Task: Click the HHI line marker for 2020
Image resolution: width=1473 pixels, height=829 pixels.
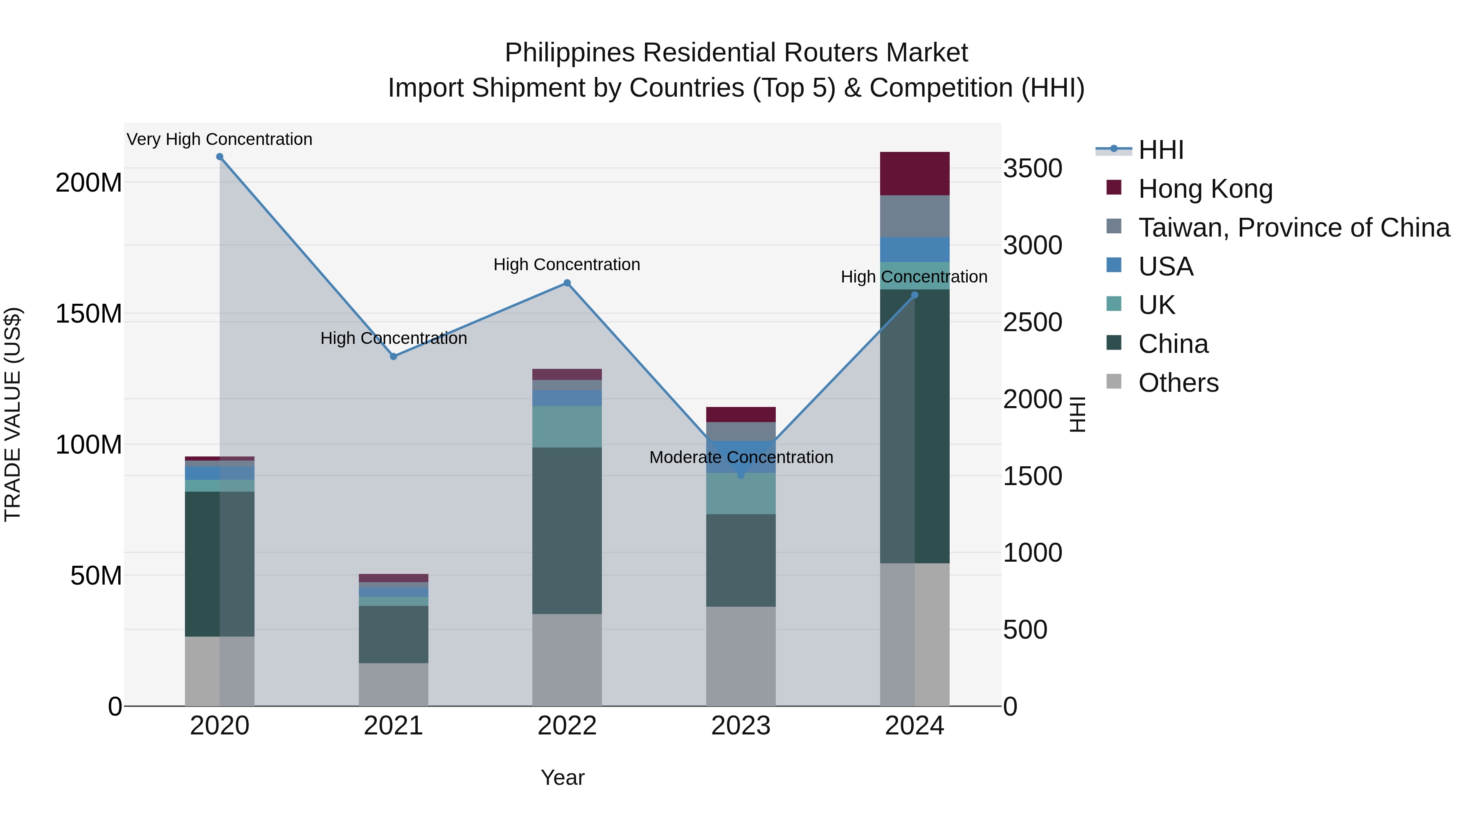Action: (220, 157)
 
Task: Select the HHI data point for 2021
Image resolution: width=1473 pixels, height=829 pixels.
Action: (393, 357)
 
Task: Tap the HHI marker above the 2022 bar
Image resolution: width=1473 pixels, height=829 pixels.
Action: (567, 282)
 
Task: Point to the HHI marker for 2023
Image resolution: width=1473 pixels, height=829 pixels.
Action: (741, 475)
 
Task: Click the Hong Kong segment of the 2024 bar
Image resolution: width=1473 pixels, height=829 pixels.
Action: (914, 173)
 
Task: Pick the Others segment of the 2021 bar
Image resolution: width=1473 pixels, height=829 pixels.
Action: (393, 684)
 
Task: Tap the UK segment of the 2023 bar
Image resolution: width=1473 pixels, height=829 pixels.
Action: (741, 493)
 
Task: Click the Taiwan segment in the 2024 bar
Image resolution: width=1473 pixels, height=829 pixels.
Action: (914, 216)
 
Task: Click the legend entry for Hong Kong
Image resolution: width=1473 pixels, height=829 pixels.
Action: (1205, 189)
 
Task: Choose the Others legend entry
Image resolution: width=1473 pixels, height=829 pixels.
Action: (1178, 383)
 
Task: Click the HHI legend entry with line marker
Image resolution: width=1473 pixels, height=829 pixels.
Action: (1161, 150)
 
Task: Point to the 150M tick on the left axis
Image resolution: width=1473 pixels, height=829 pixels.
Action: (89, 314)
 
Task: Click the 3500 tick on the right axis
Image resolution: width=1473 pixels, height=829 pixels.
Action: (1033, 169)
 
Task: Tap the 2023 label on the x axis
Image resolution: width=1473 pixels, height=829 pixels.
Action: (741, 726)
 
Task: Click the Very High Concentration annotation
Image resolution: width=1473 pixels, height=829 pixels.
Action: (220, 139)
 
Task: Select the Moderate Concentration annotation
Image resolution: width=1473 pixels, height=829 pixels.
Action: (741, 457)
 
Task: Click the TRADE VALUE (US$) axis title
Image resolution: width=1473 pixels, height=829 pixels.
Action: (13, 414)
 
